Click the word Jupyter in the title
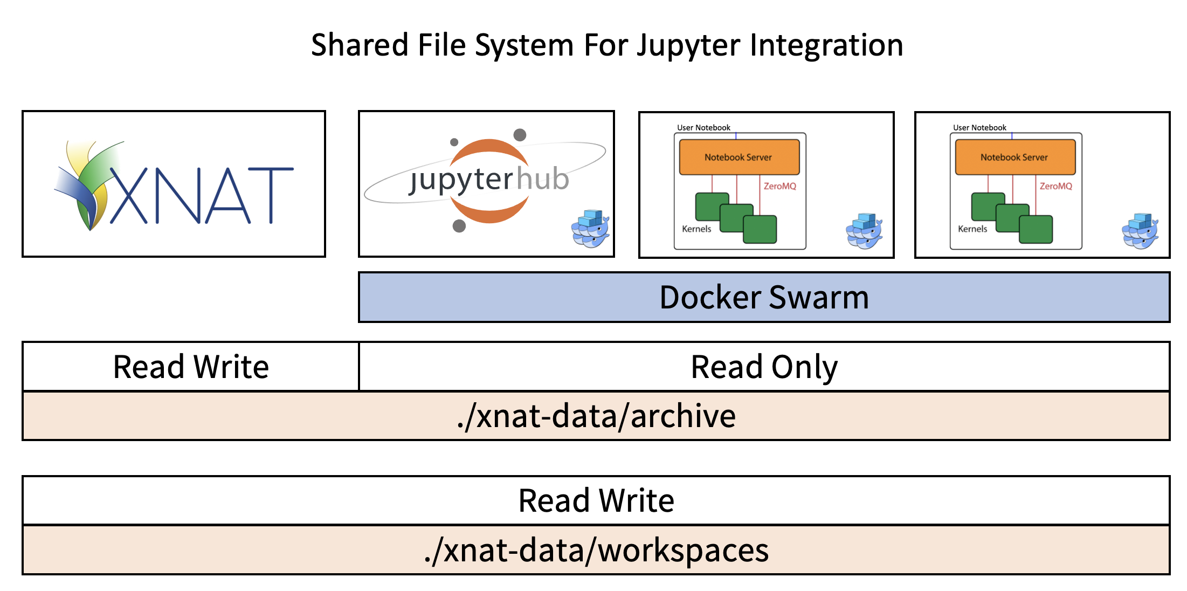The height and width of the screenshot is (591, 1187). (688, 45)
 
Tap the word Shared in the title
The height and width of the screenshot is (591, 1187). (360, 45)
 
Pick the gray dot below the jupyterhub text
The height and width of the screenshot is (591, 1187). (459, 226)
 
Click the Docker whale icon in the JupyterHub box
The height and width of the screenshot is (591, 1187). (590, 229)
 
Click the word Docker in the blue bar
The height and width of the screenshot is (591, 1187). (710, 297)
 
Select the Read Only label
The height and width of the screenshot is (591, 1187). (764, 367)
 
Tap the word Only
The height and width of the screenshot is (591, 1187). (804, 368)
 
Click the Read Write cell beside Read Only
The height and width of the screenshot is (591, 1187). (191, 367)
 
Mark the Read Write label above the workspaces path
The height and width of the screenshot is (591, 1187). (596, 500)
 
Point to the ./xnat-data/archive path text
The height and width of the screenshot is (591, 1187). (596, 416)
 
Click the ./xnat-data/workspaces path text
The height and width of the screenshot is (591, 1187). (596, 551)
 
